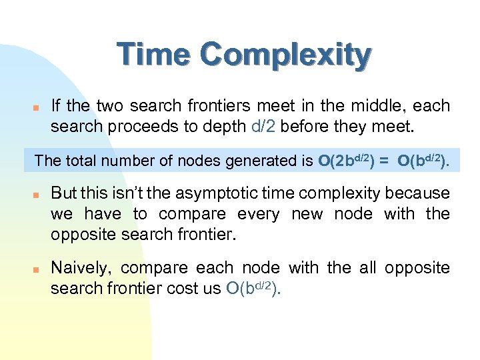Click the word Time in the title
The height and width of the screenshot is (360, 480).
[155, 55]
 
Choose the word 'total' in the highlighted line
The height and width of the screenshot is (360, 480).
[79, 161]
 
